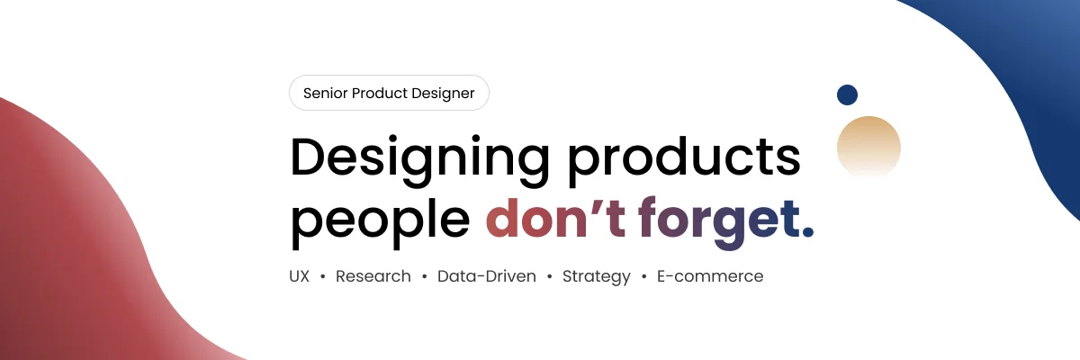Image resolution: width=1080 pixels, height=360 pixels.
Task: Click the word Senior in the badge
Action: (325, 93)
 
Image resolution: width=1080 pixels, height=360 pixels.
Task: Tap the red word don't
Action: (556, 217)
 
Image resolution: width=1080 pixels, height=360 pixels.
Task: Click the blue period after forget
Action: (808, 233)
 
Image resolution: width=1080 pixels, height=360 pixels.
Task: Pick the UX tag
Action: (300, 276)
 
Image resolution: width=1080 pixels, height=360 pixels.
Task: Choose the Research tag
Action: (373, 276)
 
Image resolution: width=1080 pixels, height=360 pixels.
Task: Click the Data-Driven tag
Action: (487, 276)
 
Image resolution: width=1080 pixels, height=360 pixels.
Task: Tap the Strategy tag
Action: (597, 277)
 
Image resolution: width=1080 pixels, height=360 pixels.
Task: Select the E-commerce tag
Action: (710, 276)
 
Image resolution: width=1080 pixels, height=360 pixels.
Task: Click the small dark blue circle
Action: (847, 94)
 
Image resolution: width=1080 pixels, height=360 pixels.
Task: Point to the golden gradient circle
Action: (868, 145)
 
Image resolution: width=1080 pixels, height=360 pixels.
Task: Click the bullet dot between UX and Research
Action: (323, 276)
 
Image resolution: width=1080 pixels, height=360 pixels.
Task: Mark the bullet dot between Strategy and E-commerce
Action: (644, 276)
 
